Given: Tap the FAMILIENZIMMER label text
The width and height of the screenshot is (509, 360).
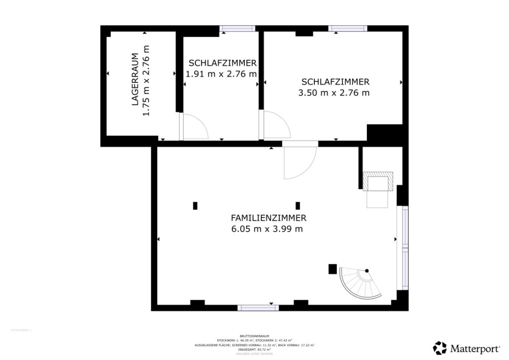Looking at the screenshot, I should point(268,218).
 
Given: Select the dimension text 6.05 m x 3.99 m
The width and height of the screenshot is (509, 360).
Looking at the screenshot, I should point(267,229).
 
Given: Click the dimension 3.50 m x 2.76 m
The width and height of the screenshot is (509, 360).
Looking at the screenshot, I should point(334,92).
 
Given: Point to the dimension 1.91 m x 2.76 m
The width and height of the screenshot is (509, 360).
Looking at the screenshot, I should point(221,74).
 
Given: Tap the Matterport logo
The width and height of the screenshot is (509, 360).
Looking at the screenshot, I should point(467,348).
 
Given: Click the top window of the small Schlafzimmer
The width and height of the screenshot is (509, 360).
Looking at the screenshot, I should point(236,29).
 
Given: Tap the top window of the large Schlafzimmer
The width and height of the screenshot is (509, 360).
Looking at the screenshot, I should point(348,29).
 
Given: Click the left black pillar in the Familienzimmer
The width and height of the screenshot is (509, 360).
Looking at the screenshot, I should point(195,206).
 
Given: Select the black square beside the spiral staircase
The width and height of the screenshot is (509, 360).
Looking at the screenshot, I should point(333,269).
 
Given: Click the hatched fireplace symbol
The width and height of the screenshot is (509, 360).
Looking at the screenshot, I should point(378,181).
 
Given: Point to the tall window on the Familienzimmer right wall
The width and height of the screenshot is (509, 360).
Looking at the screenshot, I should point(405,247).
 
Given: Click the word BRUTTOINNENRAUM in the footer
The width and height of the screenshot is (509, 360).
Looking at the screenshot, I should point(254,336).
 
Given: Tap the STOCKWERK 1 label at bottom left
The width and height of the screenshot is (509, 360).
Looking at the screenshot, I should point(21,331).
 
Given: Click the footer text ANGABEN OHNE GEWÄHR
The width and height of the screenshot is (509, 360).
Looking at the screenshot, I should point(254,354).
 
